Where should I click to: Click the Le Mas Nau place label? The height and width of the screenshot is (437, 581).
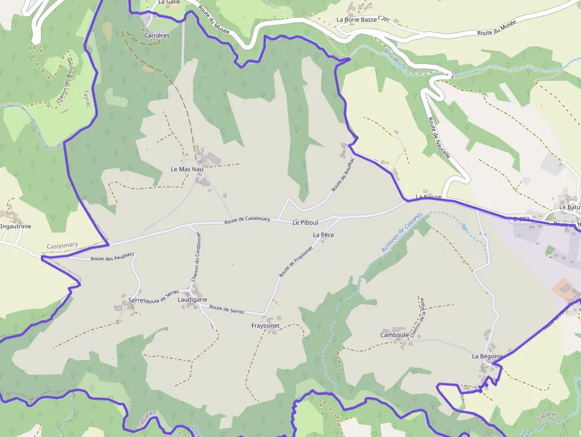coord(187,169)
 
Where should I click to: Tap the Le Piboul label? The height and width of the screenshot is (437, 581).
coord(305,222)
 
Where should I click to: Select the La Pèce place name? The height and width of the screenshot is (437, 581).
coord(323,235)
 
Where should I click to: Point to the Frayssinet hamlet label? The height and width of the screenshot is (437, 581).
coord(265,326)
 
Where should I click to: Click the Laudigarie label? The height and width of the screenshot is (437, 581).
coord(192,300)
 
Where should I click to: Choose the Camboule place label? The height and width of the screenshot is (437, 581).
coord(394,335)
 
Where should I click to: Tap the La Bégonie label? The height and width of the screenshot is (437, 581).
coord(487,356)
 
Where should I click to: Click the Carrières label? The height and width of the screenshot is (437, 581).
coord(157,36)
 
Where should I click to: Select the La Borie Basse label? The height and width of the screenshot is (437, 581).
coord(356,20)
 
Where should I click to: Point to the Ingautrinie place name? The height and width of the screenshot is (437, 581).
coord(16,226)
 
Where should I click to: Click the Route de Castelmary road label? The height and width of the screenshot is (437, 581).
coord(247,220)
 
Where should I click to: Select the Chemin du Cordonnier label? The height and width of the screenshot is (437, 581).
coord(197,257)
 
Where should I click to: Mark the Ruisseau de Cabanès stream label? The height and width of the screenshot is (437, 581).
coord(401,233)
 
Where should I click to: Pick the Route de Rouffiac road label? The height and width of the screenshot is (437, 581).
coord(343,173)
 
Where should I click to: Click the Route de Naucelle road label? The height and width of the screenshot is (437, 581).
coord(439,138)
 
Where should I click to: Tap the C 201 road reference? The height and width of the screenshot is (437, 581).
coord(384,20)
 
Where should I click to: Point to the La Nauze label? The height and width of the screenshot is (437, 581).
coord(428,196)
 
